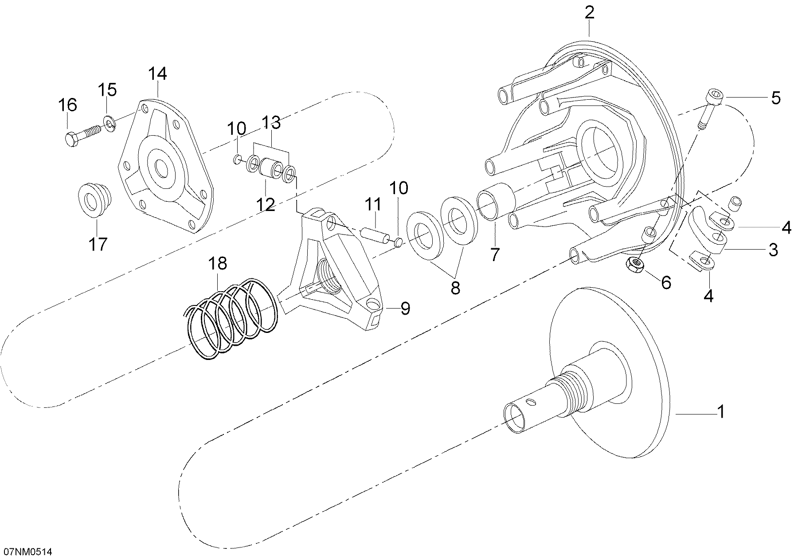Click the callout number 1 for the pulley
[721, 411]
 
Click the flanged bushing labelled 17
[94, 201]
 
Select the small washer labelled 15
[110, 122]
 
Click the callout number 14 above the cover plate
[157, 74]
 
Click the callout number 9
[405, 309]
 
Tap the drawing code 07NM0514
[28, 552]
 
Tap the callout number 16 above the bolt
[67, 105]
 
